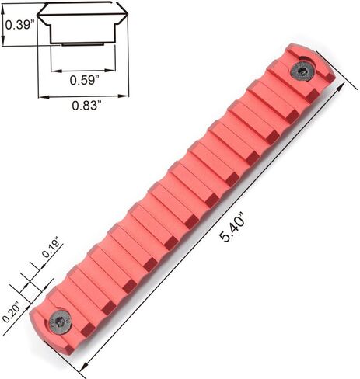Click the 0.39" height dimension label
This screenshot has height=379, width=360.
(x=20, y=25)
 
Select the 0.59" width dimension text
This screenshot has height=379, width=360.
(x=85, y=80)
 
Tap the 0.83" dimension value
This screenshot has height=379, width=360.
(x=86, y=106)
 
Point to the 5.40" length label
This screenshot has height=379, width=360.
(x=232, y=227)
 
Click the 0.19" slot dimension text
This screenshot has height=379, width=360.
(x=53, y=249)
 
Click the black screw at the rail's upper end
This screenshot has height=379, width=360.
(x=302, y=71)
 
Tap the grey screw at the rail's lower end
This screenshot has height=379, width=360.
(x=60, y=322)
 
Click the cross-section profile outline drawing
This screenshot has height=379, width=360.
(x=82, y=23)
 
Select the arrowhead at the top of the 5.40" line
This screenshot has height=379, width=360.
(x=342, y=87)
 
